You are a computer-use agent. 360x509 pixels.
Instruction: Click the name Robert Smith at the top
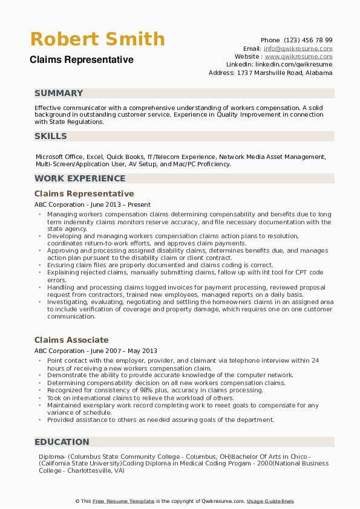coord(97,39)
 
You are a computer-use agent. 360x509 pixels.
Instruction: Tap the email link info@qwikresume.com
coord(298,48)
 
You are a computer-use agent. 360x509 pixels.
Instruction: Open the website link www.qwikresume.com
coord(298,56)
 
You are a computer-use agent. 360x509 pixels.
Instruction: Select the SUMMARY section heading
coord(59,93)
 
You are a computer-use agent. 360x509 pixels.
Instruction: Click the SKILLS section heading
coord(51,136)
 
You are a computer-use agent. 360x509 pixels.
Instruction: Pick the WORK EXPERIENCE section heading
coord(80,178)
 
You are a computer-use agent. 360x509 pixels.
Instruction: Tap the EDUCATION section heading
coord(62,442)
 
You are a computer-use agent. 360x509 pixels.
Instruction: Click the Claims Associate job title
coord(71,340)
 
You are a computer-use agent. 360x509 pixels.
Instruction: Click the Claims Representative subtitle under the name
coord(82,60)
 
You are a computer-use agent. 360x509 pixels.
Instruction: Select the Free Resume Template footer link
coord(124,501)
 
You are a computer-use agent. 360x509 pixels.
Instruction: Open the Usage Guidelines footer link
coord(270,501)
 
